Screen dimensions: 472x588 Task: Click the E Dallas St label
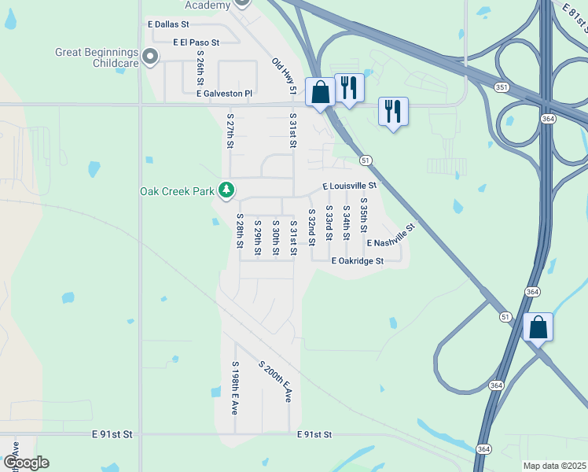[168, 25]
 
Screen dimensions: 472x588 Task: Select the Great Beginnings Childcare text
[97, 57]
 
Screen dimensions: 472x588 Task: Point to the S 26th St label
[200, 68]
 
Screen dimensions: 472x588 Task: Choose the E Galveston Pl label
[224, 94]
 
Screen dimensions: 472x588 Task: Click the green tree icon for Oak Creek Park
[226, 190]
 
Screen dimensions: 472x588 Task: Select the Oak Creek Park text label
[177, 191]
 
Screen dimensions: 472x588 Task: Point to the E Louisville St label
[349, 186]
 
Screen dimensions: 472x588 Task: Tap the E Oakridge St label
[357, 260]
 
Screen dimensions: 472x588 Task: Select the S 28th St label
[240, 230]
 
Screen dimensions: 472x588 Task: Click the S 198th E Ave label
[234, 388]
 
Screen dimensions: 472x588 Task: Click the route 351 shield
[501, 87]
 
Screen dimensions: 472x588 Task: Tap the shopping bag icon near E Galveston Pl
[321, 93]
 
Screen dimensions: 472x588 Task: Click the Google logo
[25, 463]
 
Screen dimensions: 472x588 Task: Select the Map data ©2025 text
[553, 466]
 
